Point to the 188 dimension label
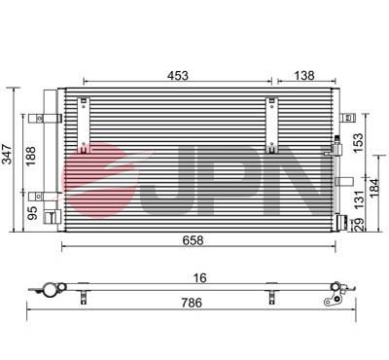[x=31, y=157]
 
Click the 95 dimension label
[x=31, y=211]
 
